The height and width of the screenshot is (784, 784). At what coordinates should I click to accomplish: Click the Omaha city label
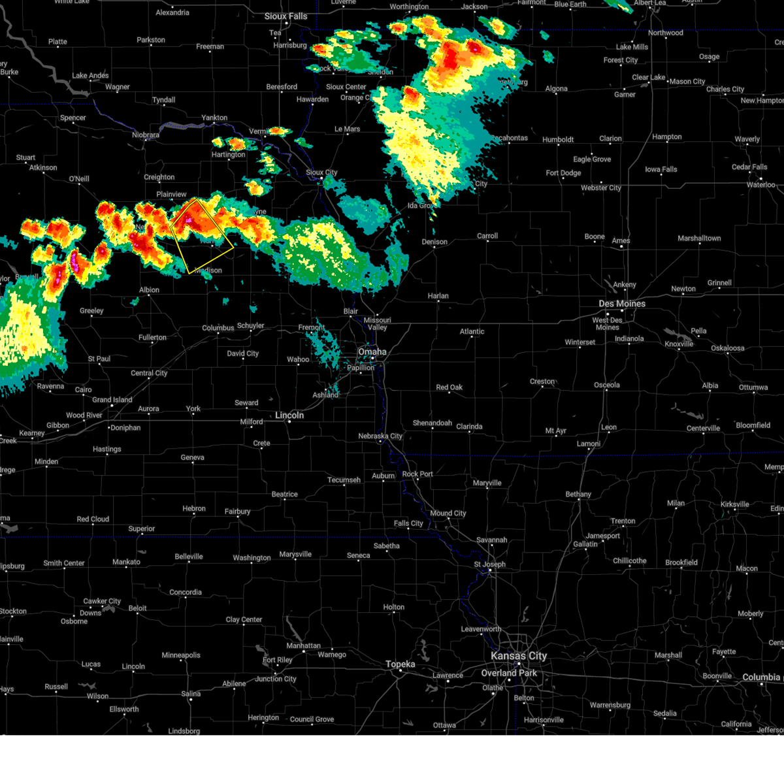click(372, 351)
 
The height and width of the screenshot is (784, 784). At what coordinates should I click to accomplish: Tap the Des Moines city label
click(622, 304)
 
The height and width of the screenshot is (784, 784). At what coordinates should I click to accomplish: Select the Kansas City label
click(519, 656)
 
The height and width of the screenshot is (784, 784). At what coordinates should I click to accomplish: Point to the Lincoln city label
click(289, 415)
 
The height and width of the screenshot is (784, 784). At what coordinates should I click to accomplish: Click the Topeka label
click(400, 664)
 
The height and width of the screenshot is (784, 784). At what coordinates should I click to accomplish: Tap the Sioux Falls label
click(286, 16)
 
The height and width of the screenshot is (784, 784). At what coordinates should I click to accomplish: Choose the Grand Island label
click(112, 400)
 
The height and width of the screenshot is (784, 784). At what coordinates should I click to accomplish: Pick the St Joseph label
click(489, 564)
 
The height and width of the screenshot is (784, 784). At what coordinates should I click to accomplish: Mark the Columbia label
click(761, 678)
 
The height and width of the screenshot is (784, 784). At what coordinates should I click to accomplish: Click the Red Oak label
click(449, 387)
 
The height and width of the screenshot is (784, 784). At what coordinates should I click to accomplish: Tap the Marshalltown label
click(699, 238)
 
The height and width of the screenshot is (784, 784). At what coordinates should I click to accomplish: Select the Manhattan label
click(303, 645)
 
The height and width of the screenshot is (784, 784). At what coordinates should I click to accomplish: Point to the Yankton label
click(214, 118)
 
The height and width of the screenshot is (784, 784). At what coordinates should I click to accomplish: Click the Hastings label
click(106, 449)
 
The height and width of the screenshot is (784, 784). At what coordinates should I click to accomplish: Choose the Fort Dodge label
click(563, 173)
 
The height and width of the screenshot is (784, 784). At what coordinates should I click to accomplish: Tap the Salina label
click(191, 694)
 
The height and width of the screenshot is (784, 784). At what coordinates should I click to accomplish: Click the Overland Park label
click(509, 673)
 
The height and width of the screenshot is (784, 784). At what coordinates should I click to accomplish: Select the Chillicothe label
click(629, 561)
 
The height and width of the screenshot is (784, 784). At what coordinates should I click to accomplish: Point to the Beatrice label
click(284, 495)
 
